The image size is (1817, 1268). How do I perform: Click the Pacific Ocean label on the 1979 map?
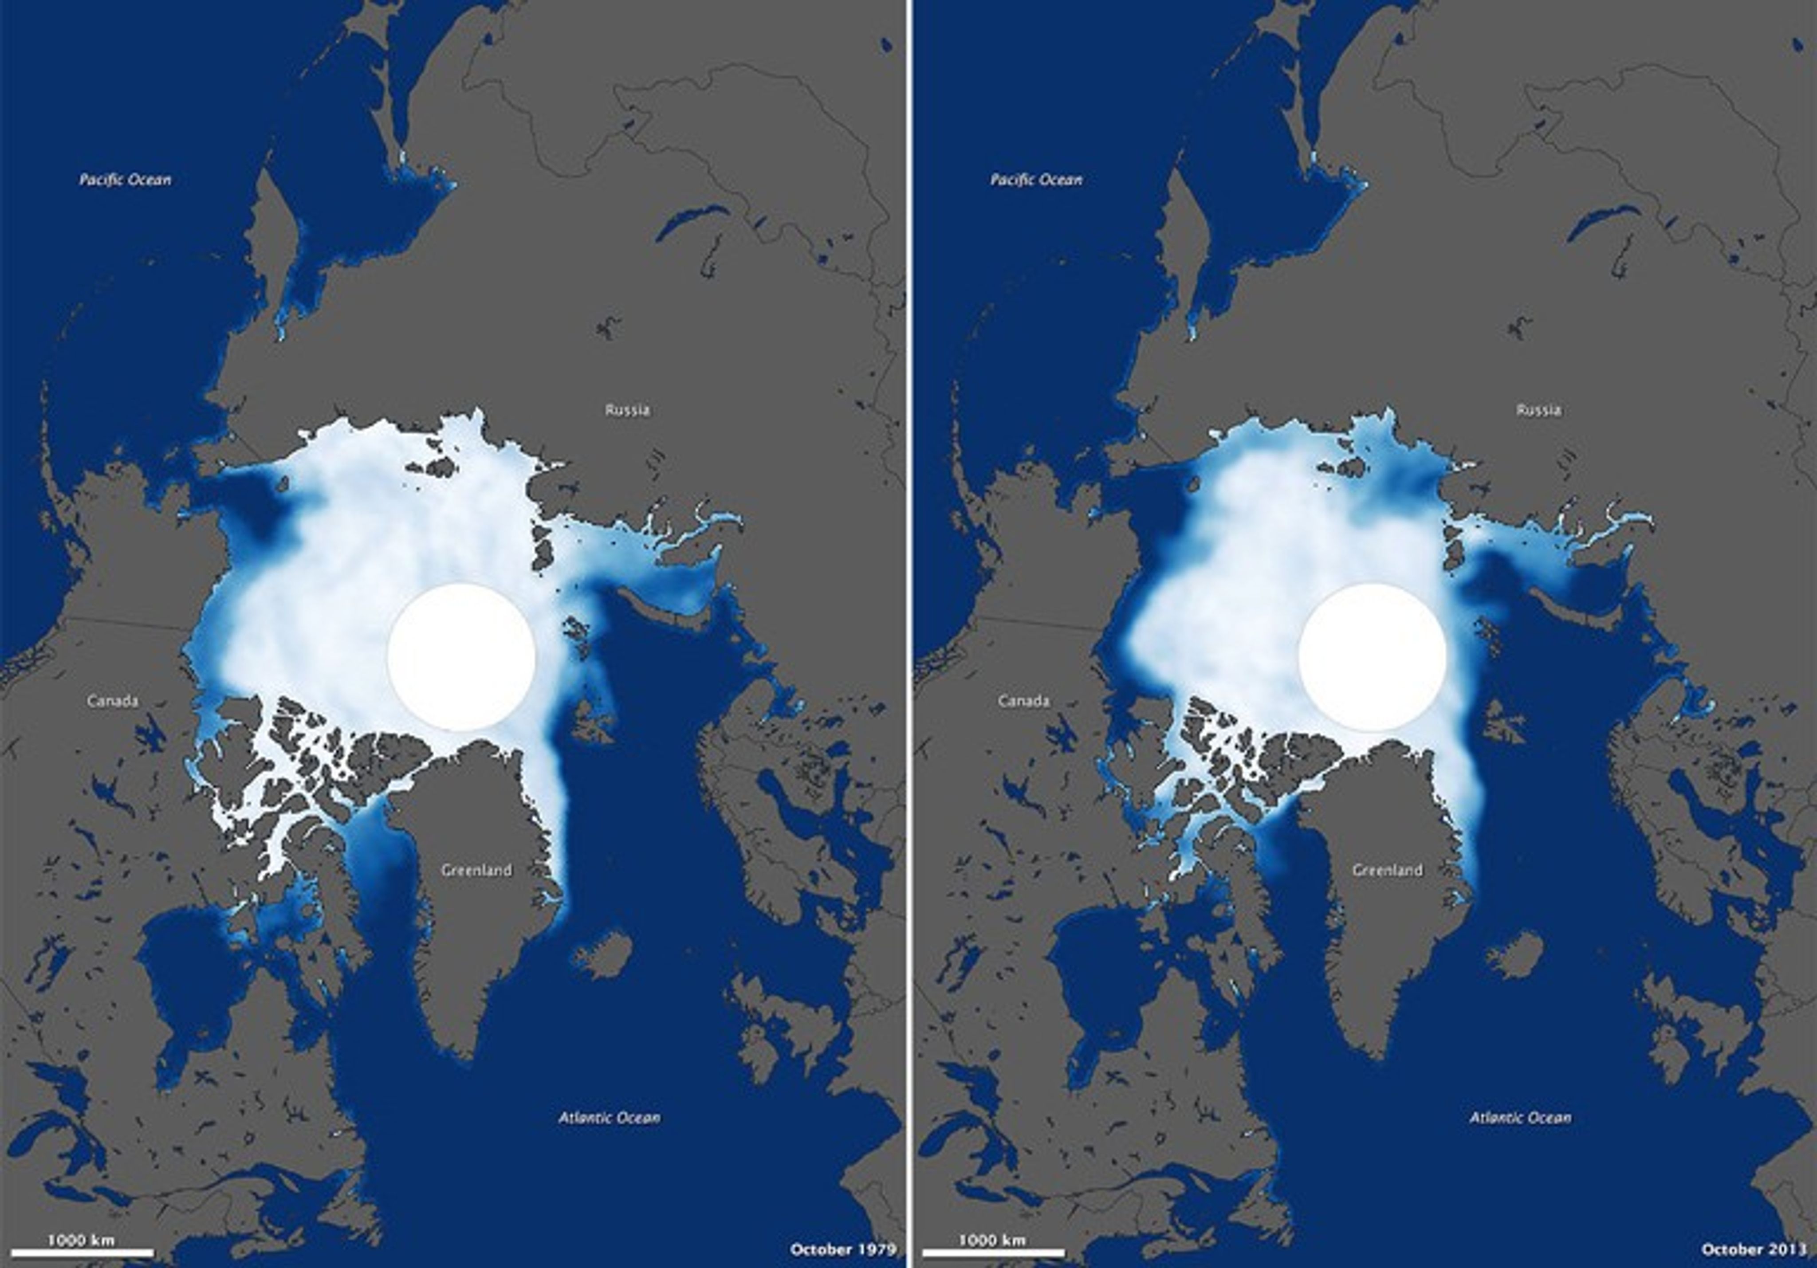coord(125,180)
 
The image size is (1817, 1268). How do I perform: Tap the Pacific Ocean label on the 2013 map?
coord(1036,180)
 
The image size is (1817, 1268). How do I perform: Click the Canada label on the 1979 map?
coord(113,701)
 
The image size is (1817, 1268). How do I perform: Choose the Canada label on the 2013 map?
coord(1024,701)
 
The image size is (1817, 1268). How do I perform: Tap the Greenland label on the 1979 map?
coord(476,870)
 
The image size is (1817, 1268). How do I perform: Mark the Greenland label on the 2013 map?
coord(1387,870)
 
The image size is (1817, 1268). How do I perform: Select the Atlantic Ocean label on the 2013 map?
coord(1520,1118)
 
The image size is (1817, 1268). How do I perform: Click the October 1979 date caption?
coord(843,1249)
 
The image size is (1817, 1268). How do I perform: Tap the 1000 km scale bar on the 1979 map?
coord(83,1252)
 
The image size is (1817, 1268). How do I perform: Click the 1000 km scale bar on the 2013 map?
coord(993,1252)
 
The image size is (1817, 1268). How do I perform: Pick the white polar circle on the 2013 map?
coord(1372,657)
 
